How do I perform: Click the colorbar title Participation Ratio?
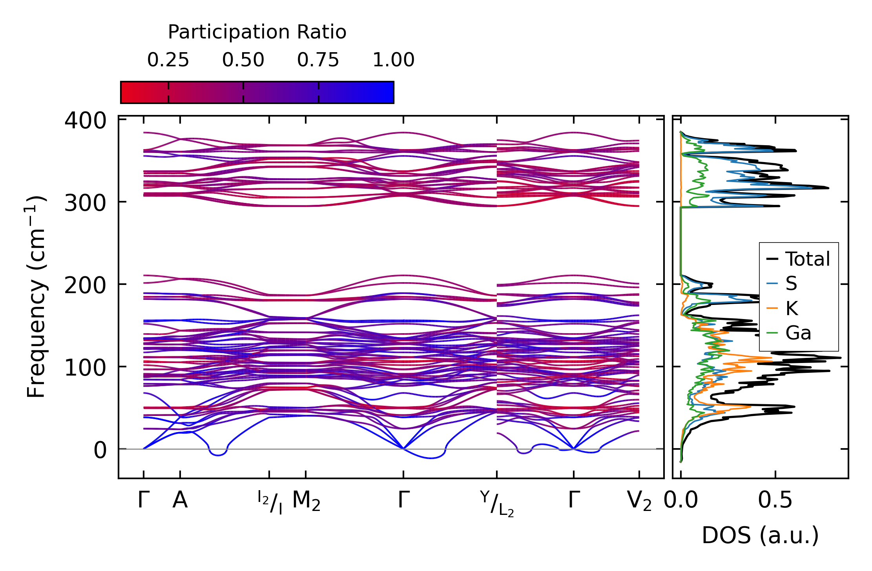tap(257, 32)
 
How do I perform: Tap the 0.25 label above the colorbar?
tap(168, 60)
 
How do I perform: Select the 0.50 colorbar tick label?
tap(243, 60)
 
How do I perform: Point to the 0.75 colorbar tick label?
tap(318, 60)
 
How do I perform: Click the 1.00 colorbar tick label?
tap(393, 60)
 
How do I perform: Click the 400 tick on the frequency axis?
tap(85, 120)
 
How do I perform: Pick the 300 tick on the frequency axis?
tap(85, 203)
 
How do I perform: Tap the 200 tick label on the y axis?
tap(85, 285)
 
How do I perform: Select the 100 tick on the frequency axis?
tap(85, 368)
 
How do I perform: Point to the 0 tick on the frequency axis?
tap(100, 450)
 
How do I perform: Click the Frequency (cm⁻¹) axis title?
tap(36, 297)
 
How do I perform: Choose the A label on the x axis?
tap(180, 500)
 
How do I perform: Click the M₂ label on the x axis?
tap(306, 502)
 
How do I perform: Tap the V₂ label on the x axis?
tap(639, 502)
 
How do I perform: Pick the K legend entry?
tap(792, 308)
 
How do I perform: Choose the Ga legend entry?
tap(798, 333)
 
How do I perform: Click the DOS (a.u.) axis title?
tap(760, 535)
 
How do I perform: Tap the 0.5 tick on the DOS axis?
tap(775, 500)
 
